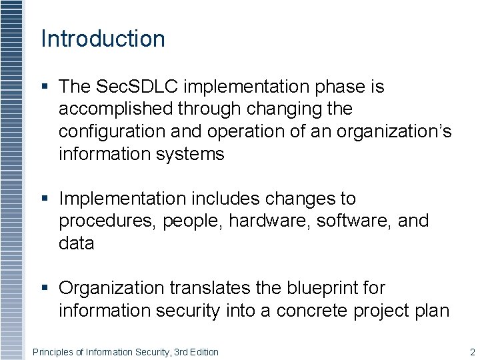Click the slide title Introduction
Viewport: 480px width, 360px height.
pos(103,39)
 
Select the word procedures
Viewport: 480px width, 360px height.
pos(106,221)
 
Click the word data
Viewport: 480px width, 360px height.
pos(77,243)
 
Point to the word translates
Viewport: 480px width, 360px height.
pos(207,288)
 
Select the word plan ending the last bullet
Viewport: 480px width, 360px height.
pos(431,311)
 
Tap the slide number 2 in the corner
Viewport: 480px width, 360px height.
pos(472,352)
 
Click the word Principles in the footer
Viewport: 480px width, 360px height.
pos(52,352)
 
